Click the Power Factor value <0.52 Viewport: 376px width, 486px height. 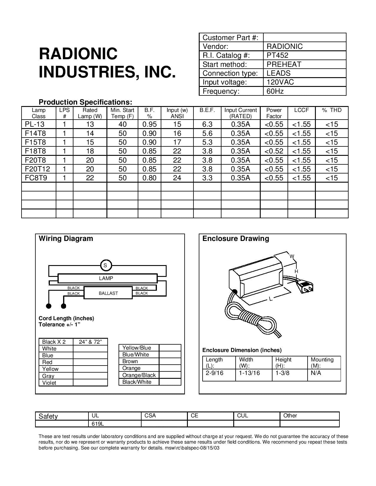pos(274,151)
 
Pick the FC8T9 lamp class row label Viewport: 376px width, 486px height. pos(36,178)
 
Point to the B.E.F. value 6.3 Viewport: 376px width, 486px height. pos(207,124)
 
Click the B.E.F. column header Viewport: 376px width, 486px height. pos(207,110)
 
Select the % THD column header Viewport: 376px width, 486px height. pos(331,110)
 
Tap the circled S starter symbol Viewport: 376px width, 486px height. pos(105,265)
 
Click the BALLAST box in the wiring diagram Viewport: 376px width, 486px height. pos(108,293)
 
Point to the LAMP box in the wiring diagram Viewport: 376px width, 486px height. pos(106,278)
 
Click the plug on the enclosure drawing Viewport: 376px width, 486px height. pos(306,287)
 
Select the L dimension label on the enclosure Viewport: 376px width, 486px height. pos(270,299)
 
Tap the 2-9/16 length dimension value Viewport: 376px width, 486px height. pos(214,373)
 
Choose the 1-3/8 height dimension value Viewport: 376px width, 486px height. pos(282,373)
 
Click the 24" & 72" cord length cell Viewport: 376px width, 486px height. pos(90,342)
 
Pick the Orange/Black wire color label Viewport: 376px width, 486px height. pos(139,375)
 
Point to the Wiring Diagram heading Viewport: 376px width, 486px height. pos(66,239)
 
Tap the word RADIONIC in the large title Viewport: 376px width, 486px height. pos(78,54)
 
